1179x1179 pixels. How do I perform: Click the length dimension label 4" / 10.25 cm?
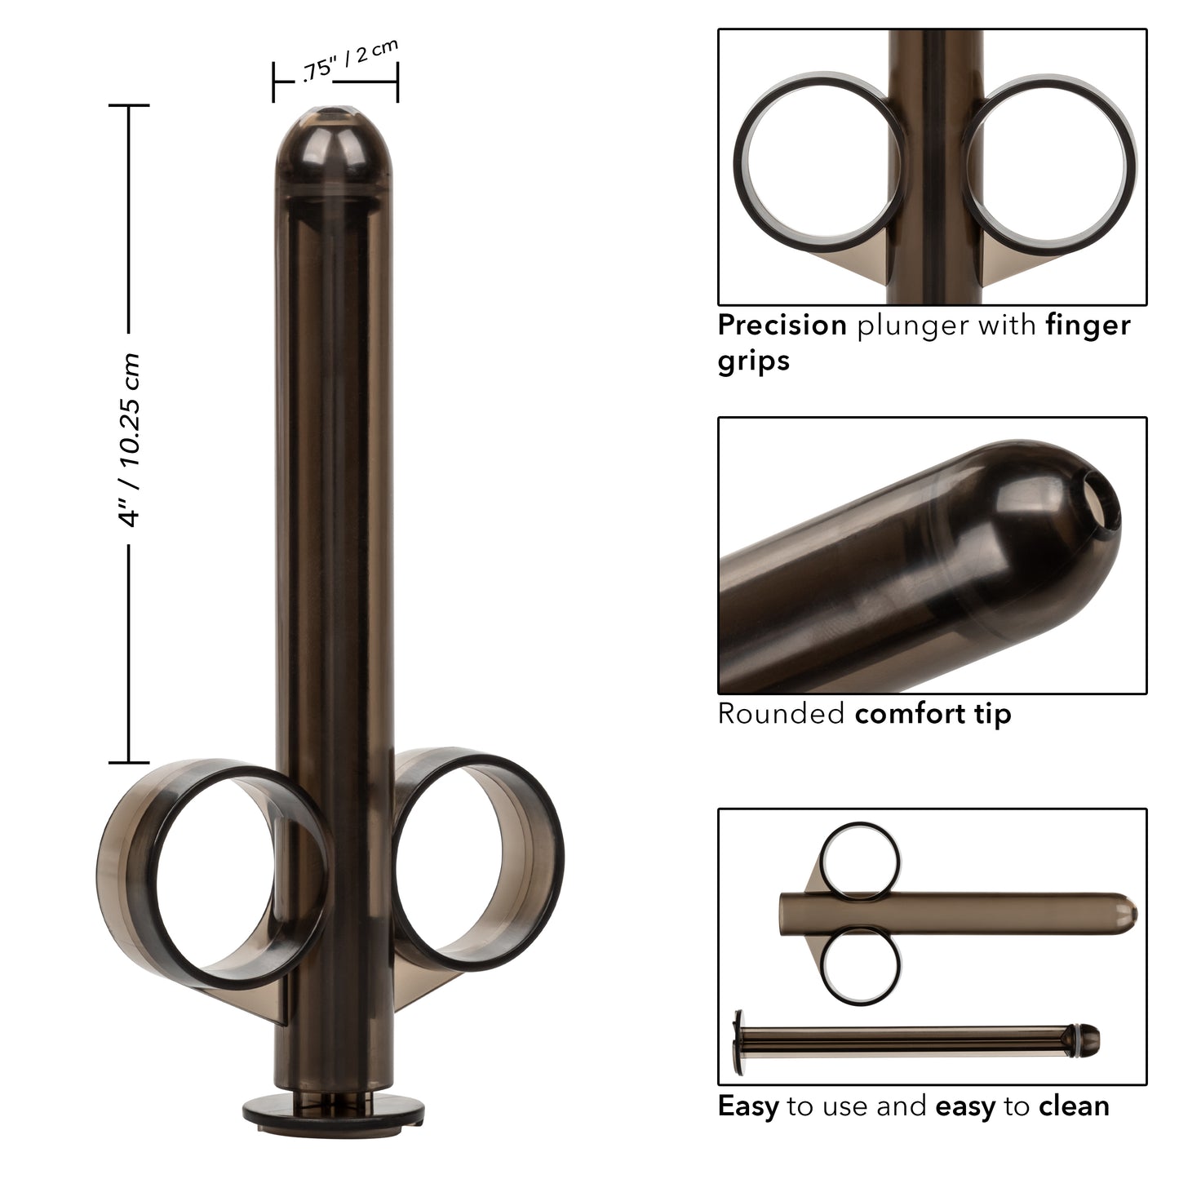(131, 441)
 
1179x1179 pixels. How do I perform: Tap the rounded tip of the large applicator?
(335, 131)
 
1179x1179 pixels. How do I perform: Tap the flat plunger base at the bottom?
(335, 1110)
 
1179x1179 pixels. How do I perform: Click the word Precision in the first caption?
(782, 325)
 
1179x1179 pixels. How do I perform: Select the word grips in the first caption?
(753, 360)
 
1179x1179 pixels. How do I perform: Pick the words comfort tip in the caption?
(933, 713)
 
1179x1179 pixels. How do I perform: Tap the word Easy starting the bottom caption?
(747, 1106)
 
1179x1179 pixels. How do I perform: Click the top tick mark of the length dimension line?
(128, 105)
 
